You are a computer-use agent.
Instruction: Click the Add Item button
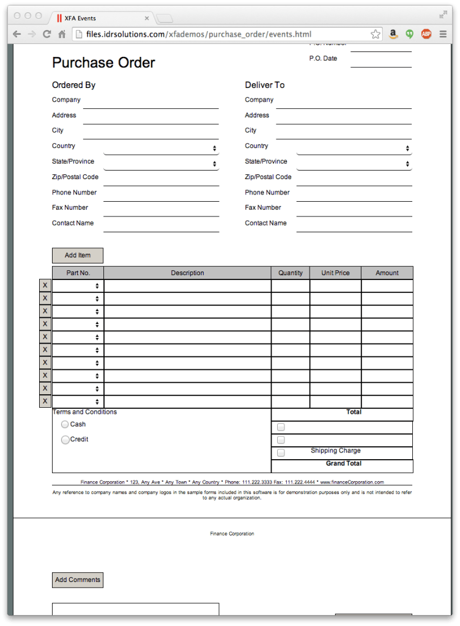[78, 256]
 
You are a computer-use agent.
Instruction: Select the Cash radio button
[65, 424]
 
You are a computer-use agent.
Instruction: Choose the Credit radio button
[65, 440]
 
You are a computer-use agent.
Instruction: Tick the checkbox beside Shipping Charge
[281, 453]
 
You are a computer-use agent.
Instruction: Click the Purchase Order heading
[103, 62]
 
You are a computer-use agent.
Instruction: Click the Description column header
[187, 273]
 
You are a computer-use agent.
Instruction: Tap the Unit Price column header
[335, 273]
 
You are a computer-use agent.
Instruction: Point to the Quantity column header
[291, 273]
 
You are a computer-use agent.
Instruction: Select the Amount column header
[387, 273]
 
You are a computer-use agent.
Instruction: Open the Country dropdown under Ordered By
[161, 149]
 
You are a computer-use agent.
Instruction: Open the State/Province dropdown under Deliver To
[354, 164]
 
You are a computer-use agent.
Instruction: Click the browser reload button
[46, 34]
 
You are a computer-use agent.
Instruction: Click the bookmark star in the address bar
[376, 34]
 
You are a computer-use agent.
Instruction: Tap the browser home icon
[62, 34]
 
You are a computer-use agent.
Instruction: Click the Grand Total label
[344, 464]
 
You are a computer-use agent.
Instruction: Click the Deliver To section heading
[265, 85]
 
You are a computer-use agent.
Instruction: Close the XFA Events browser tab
[147, 18]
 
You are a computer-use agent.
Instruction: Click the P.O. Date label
[323, 59]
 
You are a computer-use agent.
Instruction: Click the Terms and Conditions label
[85, 412]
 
